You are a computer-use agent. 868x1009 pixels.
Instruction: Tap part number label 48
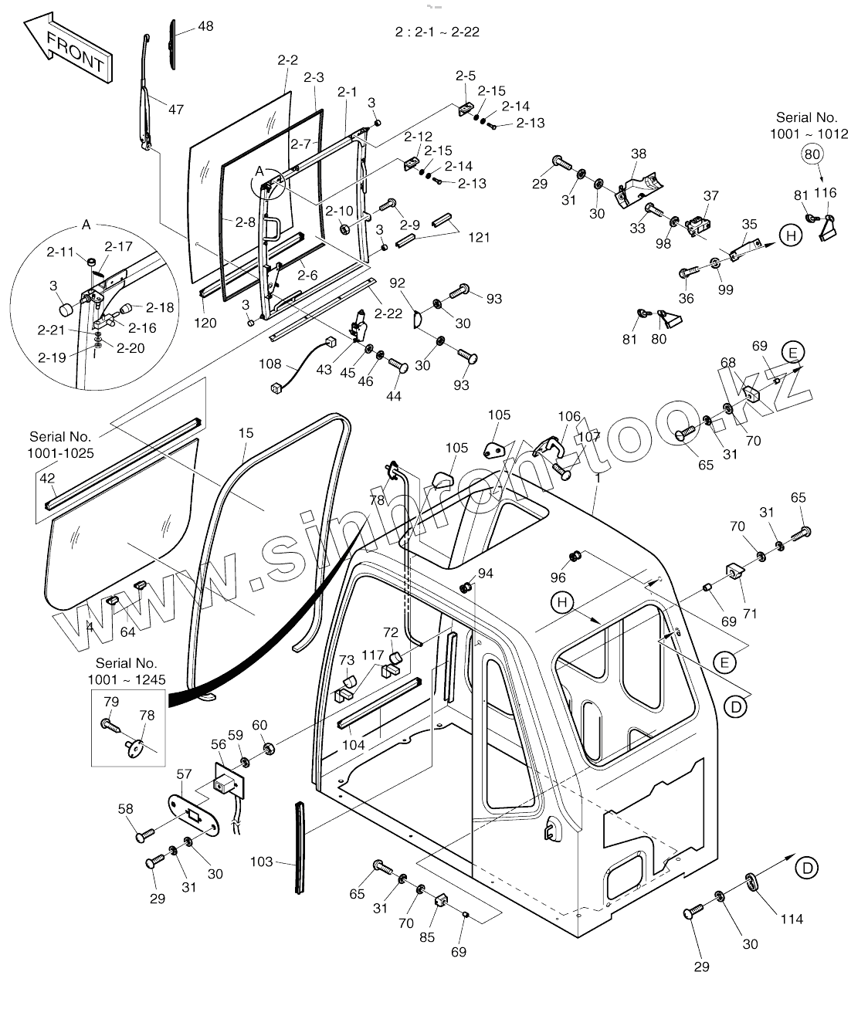tap(205, 26)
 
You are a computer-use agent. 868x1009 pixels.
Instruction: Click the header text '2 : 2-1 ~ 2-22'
tap(437, 32)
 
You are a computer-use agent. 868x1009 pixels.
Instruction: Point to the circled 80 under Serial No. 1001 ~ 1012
tap(812, 154)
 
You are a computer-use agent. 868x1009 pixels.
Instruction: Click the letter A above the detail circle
tap(86, 225)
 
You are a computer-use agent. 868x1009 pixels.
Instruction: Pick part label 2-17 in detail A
tap(119, 247)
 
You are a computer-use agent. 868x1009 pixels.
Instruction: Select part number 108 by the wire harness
tap(270, 363)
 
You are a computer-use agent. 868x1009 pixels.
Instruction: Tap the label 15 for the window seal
tap(246, 433)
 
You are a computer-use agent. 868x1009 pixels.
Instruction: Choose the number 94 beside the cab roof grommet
tap(485, 573)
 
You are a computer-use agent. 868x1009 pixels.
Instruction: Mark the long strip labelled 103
tap(300, 848)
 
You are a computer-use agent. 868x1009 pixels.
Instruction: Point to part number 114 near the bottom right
tap(792, 919)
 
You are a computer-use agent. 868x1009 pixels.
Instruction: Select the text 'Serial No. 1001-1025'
tap(62, 445)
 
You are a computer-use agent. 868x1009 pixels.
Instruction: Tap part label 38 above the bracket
tap(638, 154)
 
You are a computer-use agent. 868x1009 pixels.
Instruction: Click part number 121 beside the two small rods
tap(479, 237)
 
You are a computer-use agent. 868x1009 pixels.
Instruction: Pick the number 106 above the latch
tap(569, 417)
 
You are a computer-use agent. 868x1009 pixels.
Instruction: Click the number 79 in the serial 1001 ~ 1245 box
tap(111, 702)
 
